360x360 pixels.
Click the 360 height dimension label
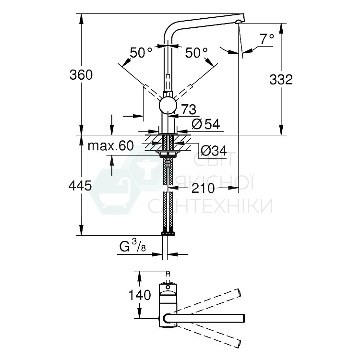coord(81,75)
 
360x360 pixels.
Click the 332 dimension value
coord(281,80)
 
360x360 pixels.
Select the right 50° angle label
coord(196,53)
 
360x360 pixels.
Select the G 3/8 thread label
coord(132,248)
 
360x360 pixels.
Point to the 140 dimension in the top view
coord(140,295)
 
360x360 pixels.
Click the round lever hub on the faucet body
coord(168,105)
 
